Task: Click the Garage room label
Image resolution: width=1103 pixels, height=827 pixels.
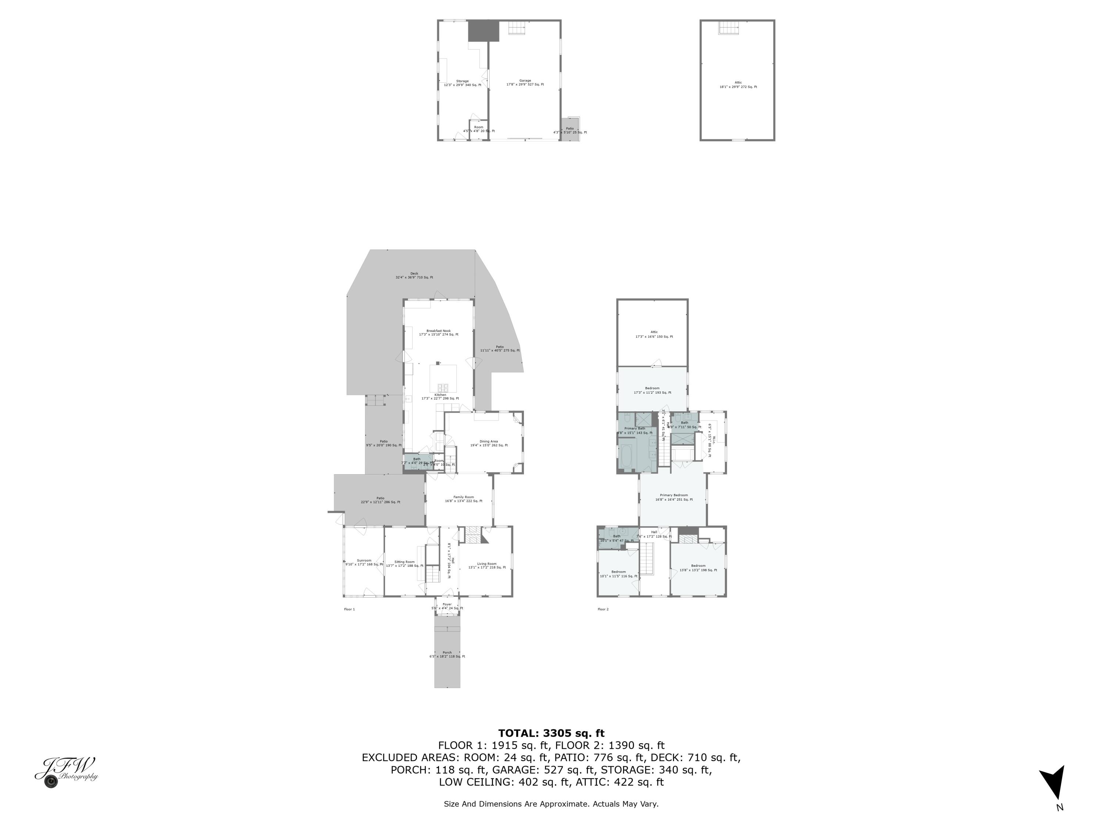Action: click(525, 83)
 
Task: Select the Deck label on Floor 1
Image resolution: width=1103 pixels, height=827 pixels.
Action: click(414, 275)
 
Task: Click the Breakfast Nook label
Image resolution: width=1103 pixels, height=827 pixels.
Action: click(438, 333)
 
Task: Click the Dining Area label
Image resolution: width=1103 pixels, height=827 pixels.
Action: click(489, 443)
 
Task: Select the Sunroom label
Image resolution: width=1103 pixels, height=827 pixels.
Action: click(364, 562)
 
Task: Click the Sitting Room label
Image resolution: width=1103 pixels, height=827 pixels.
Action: click(404, 564)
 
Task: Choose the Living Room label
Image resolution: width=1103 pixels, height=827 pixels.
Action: click(487, 566)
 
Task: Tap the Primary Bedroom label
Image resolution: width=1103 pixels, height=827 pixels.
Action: click(674, 497)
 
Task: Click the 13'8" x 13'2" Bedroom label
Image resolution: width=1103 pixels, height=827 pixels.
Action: click(698, 568)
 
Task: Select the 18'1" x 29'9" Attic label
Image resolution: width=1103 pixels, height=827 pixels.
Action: click(738, 85)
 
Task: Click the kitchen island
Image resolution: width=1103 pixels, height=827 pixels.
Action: click(443, 379)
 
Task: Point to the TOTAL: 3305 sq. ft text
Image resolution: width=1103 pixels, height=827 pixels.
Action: click(551, 733)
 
